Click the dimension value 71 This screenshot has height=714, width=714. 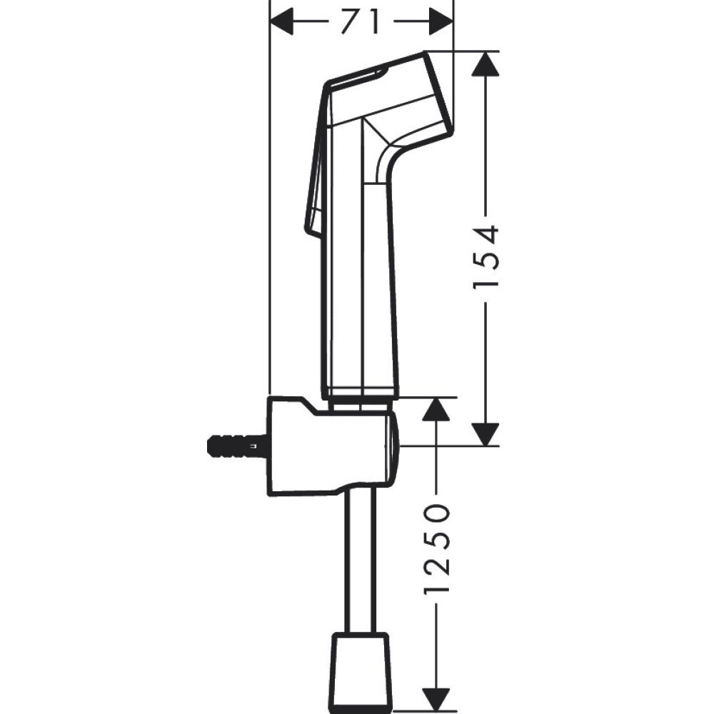point(361,21)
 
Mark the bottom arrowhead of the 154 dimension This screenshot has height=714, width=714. point(486,433)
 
